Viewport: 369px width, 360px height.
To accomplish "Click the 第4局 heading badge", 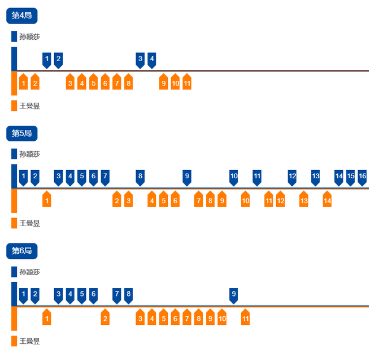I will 22,16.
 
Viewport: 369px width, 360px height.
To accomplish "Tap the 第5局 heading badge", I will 22,134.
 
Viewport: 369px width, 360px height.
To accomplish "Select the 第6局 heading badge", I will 22,251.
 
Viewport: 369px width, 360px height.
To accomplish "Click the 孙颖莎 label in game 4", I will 29,37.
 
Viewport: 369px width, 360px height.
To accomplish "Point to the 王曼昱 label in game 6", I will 29,341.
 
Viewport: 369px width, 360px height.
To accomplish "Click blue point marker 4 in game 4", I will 152,59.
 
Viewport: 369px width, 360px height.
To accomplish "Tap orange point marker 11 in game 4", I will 187,84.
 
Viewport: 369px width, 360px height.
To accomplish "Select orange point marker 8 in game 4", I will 129,84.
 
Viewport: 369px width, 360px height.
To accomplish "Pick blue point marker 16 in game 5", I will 362,176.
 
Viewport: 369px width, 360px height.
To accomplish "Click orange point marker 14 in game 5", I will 327,201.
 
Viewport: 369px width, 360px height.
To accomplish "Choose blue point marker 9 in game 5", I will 187,176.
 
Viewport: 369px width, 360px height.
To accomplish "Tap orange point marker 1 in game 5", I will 47,201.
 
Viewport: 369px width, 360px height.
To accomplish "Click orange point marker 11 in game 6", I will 245,318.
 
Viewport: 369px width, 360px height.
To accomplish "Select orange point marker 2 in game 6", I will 105,318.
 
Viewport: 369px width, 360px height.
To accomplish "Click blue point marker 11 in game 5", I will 257,176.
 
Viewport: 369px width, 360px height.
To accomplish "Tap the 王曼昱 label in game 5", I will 29,223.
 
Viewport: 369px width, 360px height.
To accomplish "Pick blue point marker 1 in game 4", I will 47,59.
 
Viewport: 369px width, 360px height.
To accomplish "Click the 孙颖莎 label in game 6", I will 29,272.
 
